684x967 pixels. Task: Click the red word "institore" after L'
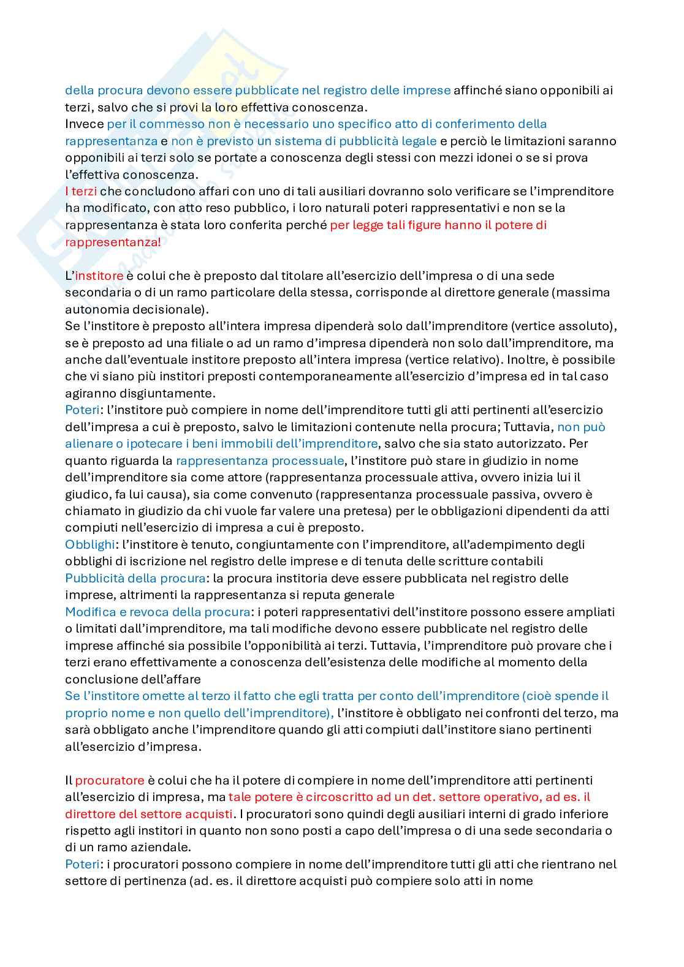point(99,276)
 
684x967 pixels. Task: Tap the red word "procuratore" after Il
point(110,780)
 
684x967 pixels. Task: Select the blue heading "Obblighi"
point(90,544)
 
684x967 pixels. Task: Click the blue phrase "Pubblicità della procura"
point(135,578)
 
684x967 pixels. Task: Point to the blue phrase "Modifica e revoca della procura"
point(158,612)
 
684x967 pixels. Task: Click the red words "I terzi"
point(81,191)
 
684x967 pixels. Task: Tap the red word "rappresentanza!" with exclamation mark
point(113,242)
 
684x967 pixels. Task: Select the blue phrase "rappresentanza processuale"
point(260,461)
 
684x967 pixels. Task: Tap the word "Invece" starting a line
point(84,124)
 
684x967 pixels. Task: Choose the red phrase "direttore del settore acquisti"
point(149,814)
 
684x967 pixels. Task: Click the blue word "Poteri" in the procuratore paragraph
point(82,864)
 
